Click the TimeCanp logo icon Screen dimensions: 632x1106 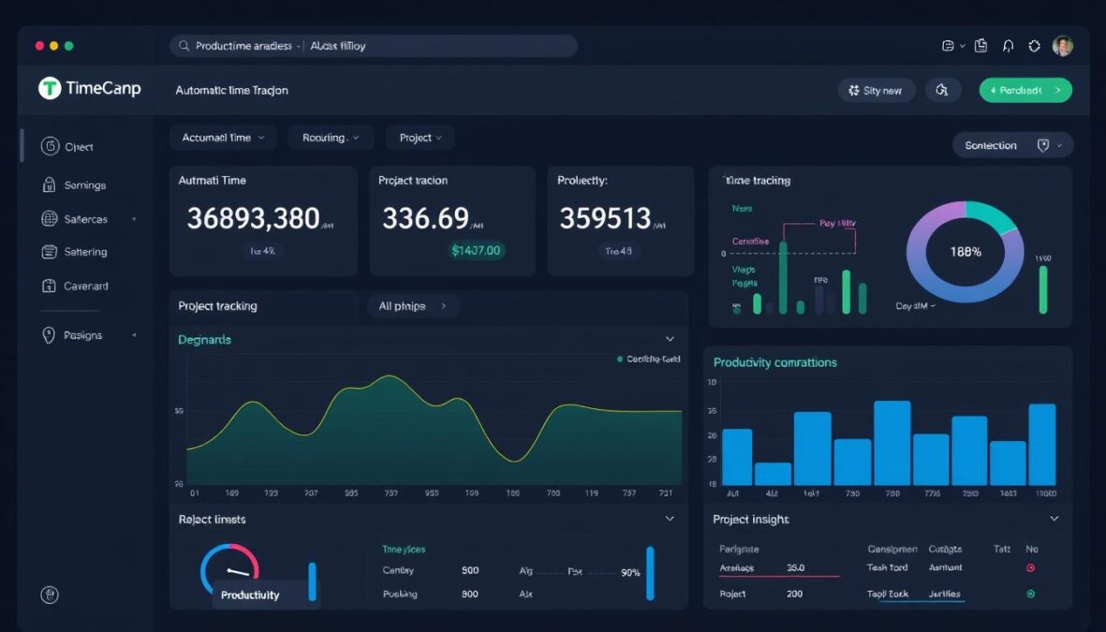coord(50,88)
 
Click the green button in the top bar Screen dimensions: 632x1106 coord(1025,90)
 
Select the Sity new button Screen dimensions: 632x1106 coord(876,91)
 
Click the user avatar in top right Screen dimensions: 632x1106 coord(1062,46)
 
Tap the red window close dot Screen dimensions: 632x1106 coord(39,46)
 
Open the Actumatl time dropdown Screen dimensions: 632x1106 coord(223,138)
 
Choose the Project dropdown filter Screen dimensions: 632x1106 coord(420,138)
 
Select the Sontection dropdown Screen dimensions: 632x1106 coord(1012,145)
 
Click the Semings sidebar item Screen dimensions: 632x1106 coord(84,185)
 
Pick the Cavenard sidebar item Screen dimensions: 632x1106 coord(85,286)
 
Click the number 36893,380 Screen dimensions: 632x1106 coord(253,219)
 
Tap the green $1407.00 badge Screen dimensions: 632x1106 coord(476,250)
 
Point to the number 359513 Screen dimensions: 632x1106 coord(605,219)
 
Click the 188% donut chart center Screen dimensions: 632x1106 coord(965,252)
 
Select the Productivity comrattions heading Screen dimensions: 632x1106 coord(774,362)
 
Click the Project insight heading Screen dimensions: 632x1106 coord(751,520)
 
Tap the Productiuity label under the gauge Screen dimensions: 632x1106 coord(250,595)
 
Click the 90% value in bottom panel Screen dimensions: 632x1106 coord(630,572)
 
